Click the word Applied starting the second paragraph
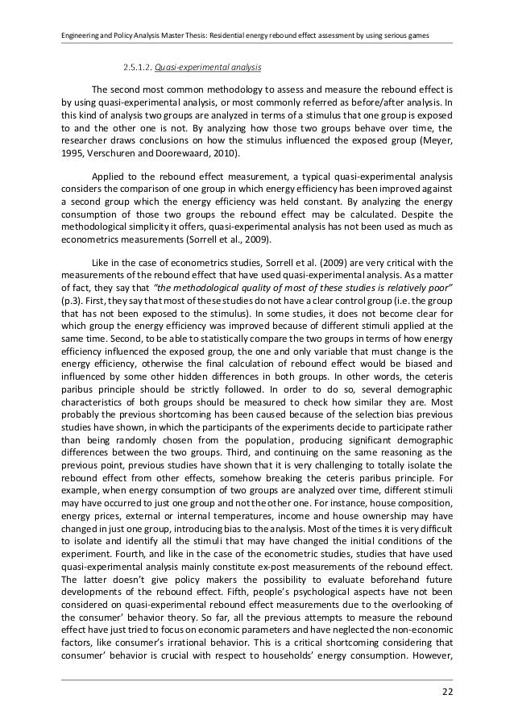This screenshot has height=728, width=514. (x=111, y=175)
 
